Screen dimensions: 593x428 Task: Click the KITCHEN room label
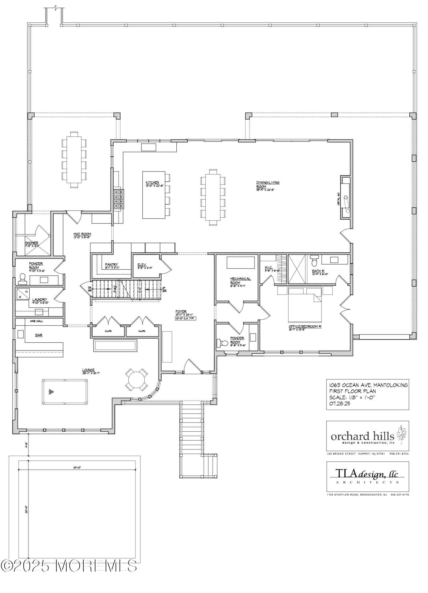[152, 183]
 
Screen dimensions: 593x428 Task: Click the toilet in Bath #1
[314, 261]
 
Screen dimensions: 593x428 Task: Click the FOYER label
[181, 312]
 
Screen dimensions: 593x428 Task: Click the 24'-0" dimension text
[77, 468]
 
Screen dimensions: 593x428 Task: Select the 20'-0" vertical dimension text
[26, 509]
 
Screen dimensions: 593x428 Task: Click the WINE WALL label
[35, 321]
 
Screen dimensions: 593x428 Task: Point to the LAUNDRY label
[40, 300]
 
